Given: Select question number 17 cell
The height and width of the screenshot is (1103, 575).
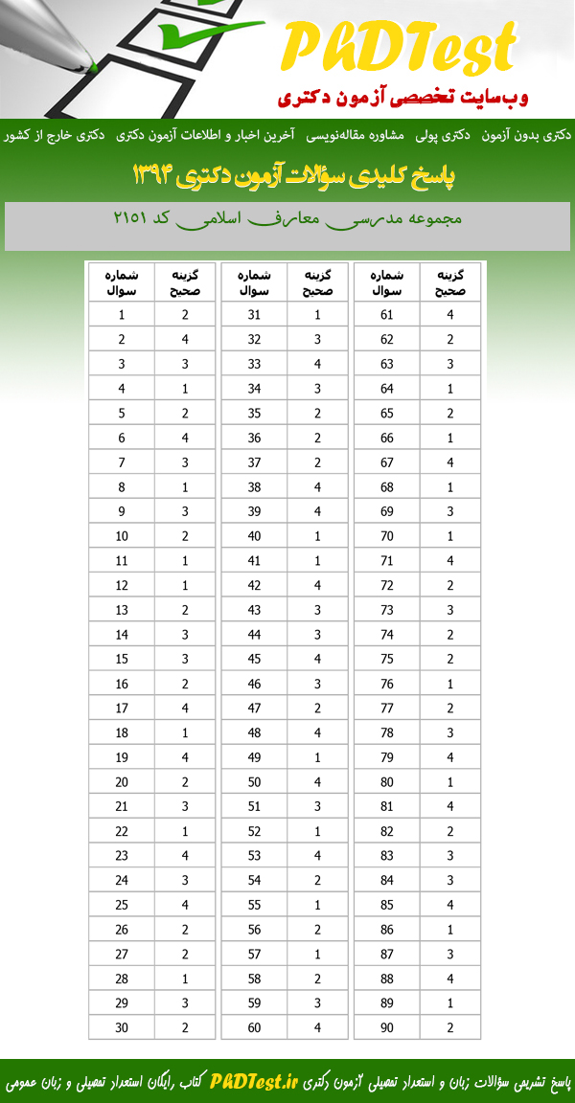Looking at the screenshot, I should (122, 709).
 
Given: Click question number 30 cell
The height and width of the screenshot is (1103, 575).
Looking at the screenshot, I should (122, 1027).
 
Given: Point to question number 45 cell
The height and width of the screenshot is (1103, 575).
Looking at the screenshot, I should (254, 659).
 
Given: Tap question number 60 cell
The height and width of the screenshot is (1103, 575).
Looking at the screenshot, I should (254, 1027).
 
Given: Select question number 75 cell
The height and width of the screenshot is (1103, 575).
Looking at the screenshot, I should (387, 659).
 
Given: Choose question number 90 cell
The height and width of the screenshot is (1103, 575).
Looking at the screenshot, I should (387, 1027).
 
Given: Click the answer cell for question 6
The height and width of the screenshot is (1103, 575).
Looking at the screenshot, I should (185, 438).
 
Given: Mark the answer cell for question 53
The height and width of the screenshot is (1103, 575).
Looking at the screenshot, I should (317, 856).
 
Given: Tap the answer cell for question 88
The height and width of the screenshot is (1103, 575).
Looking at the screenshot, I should (449, 979).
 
